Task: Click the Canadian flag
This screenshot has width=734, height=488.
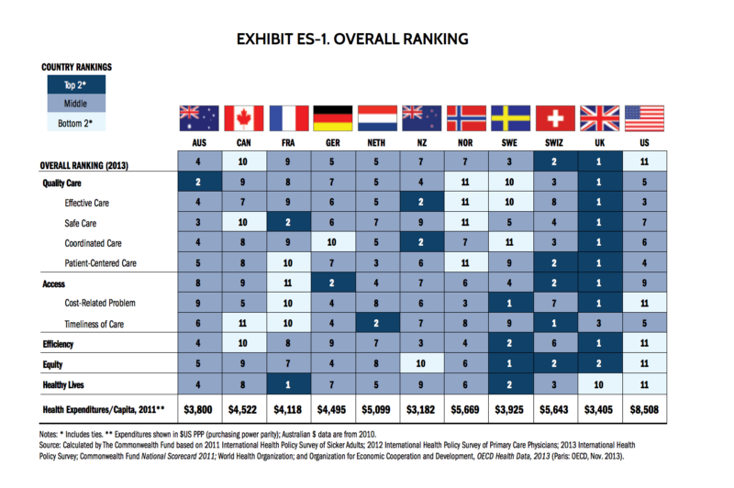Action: [x=242, y=118]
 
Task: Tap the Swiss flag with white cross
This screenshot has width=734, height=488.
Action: [x=555, y=118]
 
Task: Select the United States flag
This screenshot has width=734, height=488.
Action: [x=644, y=118]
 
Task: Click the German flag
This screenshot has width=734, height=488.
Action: [x=332, y=118]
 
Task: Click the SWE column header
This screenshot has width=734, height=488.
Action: [x=510, y=144]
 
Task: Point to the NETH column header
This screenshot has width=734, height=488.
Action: [x=376, y=144]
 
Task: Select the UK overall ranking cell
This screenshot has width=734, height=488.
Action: [x=599, y=163]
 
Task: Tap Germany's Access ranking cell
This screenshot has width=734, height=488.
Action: [x=332, y=283]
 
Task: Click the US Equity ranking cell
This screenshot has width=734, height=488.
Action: [x=644, y=362]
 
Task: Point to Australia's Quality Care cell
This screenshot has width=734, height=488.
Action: [x=197, y=183]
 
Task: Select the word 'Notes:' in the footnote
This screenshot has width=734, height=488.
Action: [x=54, y=432]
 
